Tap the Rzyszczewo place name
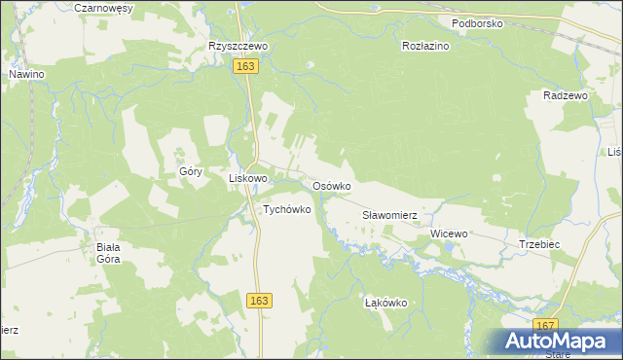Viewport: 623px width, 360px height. pyautogui.click(x=238, y=46)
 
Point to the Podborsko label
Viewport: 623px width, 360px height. pyautogui.click(x=477, y=23)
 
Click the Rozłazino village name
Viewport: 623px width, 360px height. pyautogui.click(x=425, y=46)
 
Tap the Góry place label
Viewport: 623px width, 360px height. pyautogui.click(x=190, y=171)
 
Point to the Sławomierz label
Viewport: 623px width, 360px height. pyautogui.click(x=389, y=215)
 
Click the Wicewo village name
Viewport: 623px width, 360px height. pyautogui.click(x=449, y=234)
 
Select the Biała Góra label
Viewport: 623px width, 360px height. pyautogui.click(x=107, y=253)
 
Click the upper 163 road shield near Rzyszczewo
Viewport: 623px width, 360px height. pyautogui.click(x=245, y=65)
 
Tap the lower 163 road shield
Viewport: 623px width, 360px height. pyautogui.click(x=258, y=302)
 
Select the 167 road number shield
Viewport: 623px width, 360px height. pyautogui.click(x=547, y=326)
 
